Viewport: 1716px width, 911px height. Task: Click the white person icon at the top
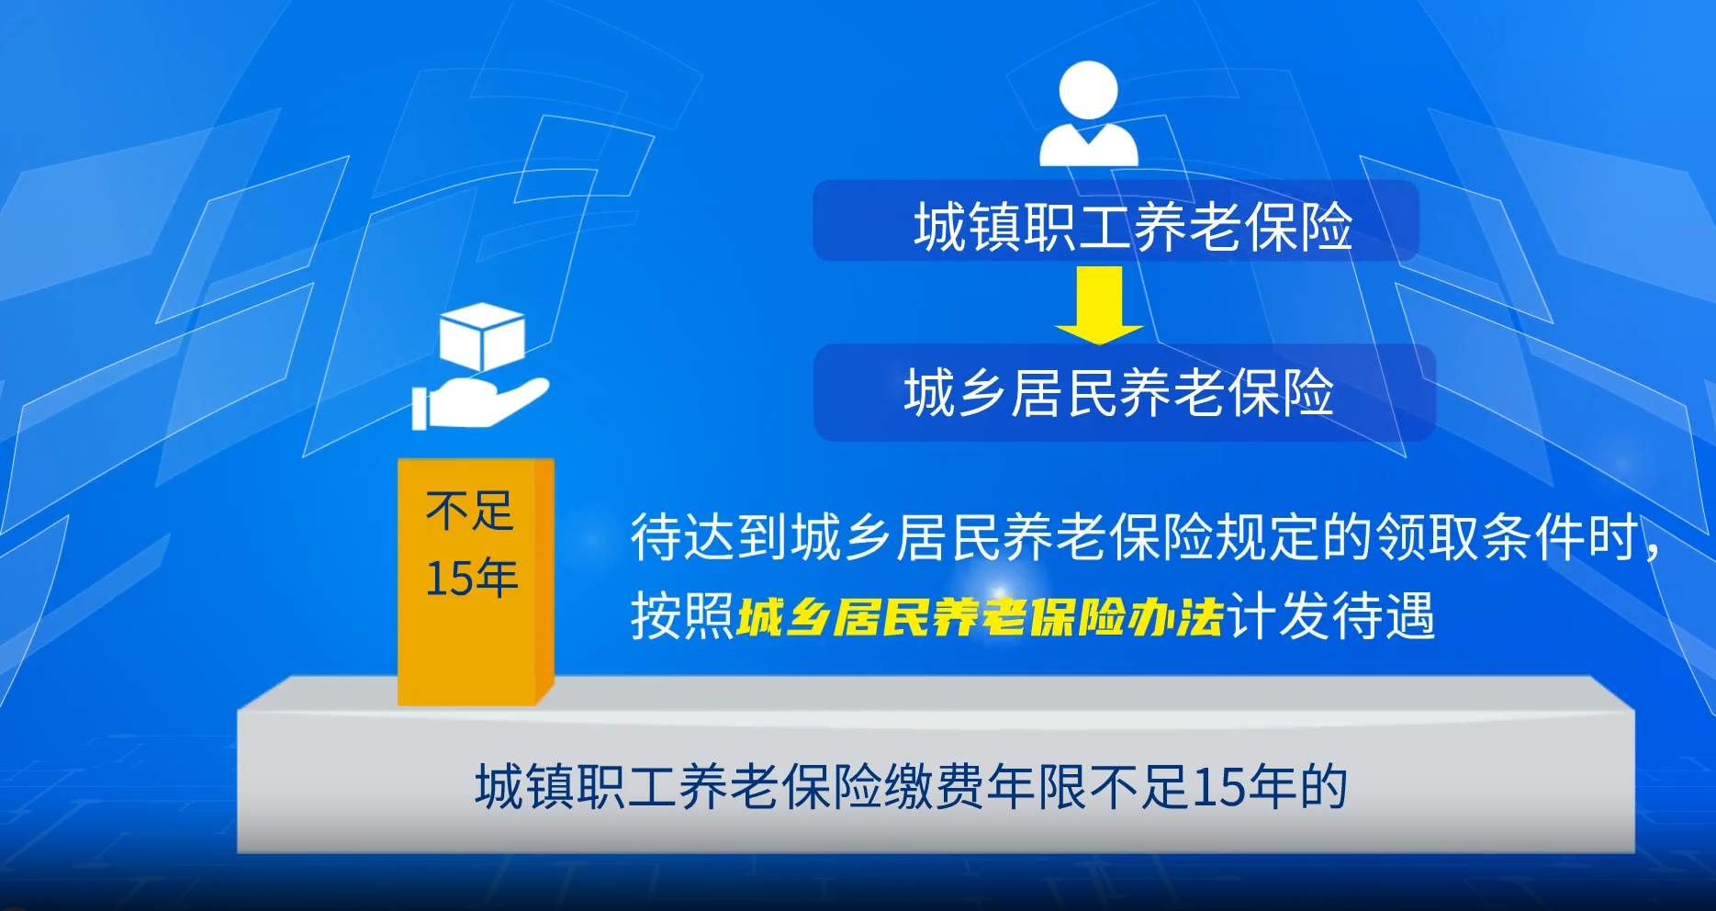coord(1089,114)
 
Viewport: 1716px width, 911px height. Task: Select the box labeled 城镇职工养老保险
coord(1116,220)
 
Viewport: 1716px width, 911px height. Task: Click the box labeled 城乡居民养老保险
coord(1124,392)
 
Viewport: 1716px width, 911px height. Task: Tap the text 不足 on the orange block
coord(469,511)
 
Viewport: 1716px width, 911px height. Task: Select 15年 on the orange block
coord(472,579)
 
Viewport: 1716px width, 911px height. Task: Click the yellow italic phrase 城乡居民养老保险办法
coord(981,616)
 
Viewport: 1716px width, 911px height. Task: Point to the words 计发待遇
coord(1331,616)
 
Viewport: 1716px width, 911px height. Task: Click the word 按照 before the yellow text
coord(682,616)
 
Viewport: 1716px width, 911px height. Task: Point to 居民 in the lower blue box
coord(1064,393)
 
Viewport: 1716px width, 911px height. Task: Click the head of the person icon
coord(1089,90)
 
